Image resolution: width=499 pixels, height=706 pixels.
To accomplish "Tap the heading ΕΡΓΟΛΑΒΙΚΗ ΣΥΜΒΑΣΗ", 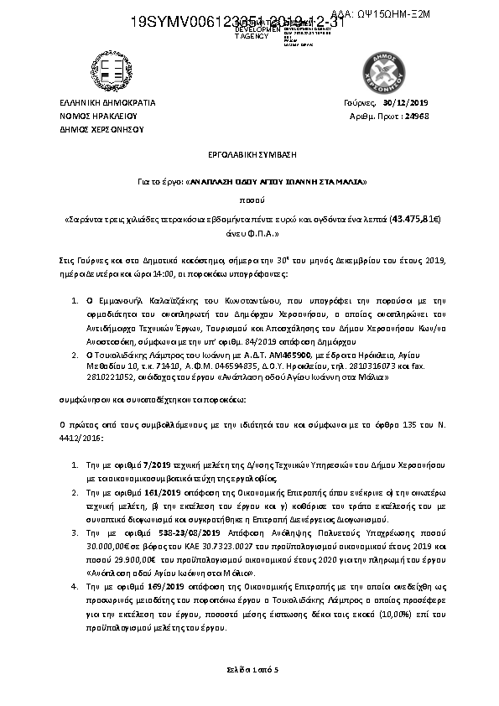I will pyautogui.click(x=250, y=156).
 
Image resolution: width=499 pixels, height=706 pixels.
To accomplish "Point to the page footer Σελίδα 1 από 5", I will pyautogui.click(x=250, y=669).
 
